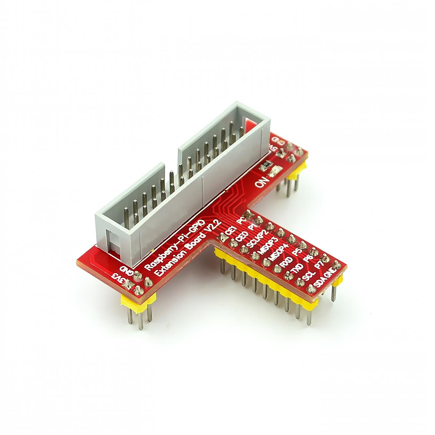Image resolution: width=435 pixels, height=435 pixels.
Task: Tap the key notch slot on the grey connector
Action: click(x=110, y=241)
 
